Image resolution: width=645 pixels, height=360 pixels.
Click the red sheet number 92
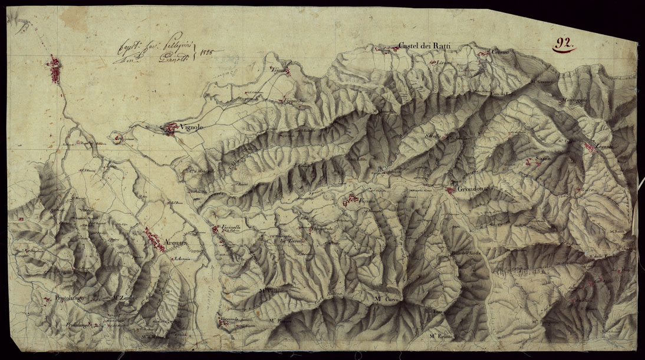[x=564, y=43]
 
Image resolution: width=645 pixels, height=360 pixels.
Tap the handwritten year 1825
[x=206, y=52]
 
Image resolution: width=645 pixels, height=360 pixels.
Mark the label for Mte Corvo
[x=387, y=300]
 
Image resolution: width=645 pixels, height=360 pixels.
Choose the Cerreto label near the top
[x=500, y=53]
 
